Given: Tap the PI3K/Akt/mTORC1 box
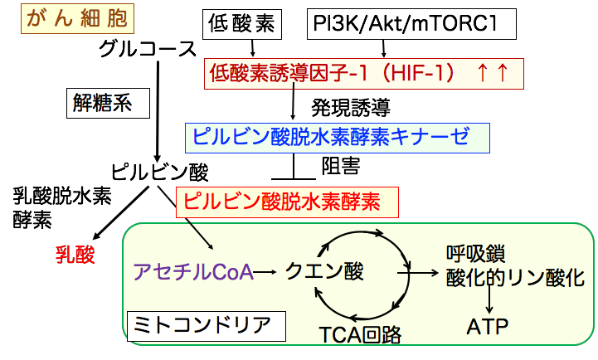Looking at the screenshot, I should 404,26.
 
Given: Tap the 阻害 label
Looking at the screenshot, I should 340,166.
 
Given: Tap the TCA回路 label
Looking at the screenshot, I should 360,335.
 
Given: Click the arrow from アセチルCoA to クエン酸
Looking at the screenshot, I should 266,270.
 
